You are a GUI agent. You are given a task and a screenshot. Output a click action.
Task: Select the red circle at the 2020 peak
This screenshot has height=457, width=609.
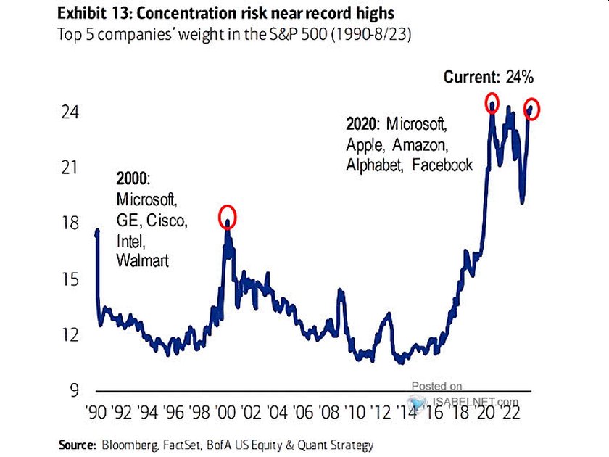pyautogui.click(x=492, y=102)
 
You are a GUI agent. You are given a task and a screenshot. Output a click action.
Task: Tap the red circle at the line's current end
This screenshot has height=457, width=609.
pyautogui.click(x=533, y=109)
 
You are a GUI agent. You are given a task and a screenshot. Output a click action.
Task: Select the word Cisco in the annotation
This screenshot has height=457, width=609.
pyautogui.click(x=165, y=220)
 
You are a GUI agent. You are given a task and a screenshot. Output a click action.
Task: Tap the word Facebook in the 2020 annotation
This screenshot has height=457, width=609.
pyautogui.click(x=442, y=165)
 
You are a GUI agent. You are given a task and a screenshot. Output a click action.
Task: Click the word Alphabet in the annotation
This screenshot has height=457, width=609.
pyautogui.click(x=374, y=165)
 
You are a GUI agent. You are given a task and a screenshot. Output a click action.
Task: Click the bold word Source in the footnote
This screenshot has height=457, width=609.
pyautogui.click(x=75, y=444)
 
